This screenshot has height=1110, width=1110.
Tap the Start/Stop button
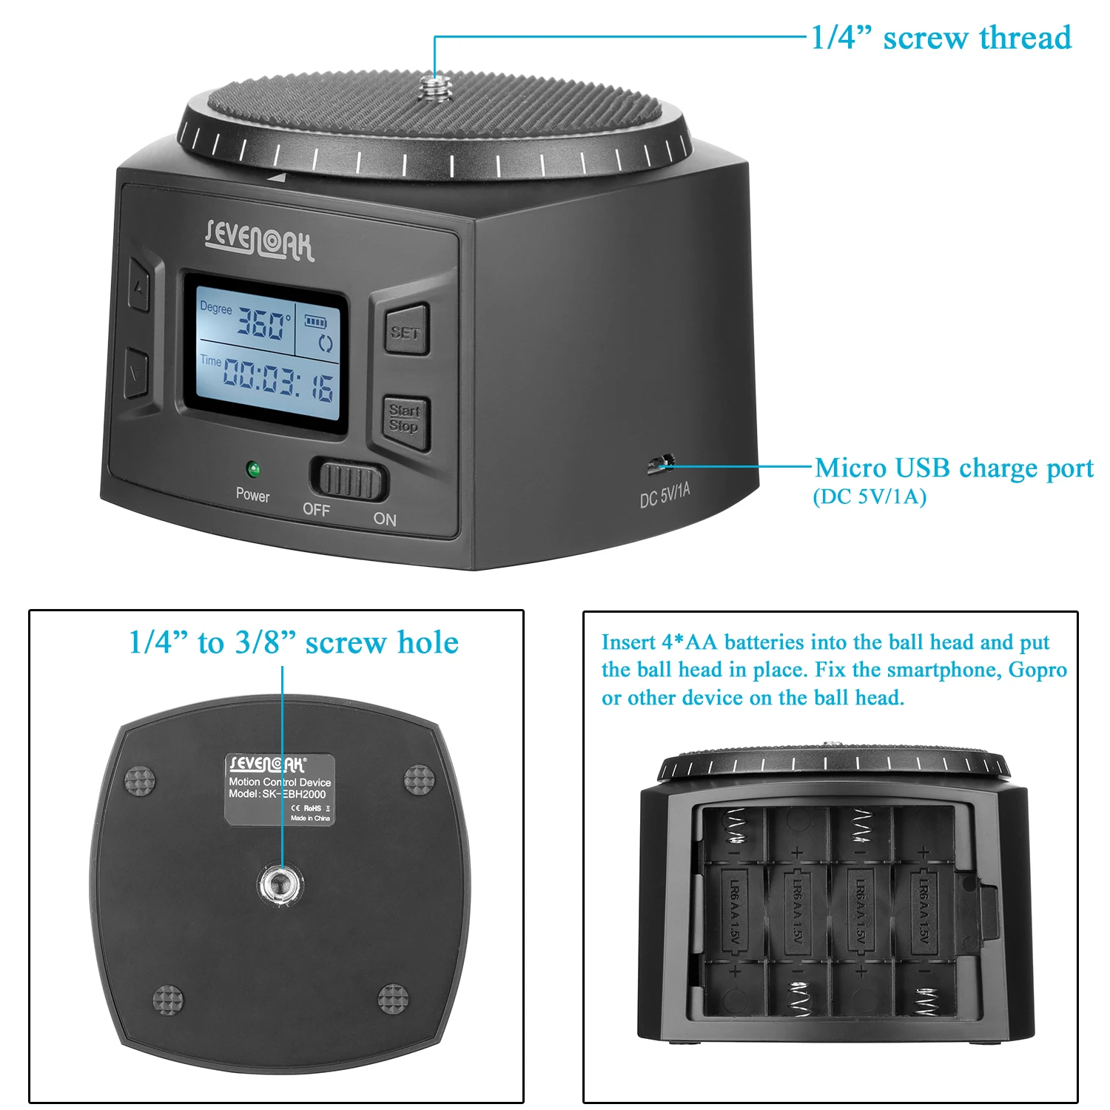405,420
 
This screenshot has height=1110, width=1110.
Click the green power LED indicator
253,469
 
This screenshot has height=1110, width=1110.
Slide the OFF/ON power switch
349,480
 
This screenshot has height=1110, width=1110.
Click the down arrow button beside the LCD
137,372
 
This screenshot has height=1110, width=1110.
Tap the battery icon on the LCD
316,322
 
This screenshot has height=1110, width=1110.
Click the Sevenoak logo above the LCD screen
260,239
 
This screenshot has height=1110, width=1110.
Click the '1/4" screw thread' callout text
941,38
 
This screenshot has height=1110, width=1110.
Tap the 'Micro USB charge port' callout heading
954,468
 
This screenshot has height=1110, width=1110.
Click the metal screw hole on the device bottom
280,882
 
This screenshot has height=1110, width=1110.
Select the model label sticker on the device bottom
280,790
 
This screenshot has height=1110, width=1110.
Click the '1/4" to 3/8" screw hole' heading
293,642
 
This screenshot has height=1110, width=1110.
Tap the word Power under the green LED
252,495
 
